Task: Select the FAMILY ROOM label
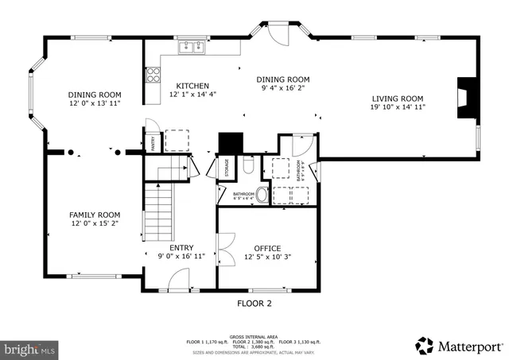[94, 215]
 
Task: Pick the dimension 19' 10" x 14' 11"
[398, 107]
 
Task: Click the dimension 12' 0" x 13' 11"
[94, 103]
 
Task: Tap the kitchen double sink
[191, 47]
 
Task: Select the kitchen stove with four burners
[152, 75]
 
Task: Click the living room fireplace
[463, 99]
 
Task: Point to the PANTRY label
[152, 143]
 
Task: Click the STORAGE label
[227, 168]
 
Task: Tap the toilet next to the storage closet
[248, 166]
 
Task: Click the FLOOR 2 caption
[254, 304]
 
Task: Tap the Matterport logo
[459, 346]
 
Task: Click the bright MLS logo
[29, 348]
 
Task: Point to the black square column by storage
[230, 142]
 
